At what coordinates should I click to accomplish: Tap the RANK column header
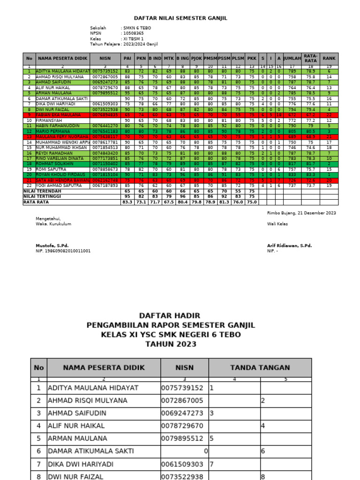click(329, 58)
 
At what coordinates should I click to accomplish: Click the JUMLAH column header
click(292, 58)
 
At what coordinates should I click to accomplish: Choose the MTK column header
click(169, 58)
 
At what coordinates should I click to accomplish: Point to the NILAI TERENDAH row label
click(43, 191)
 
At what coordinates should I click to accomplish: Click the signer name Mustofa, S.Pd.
click(52, 246)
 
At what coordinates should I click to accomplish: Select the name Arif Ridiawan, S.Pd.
click(289, 246)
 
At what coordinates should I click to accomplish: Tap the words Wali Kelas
click(277, 224)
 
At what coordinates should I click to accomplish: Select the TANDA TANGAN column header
click(260, 367)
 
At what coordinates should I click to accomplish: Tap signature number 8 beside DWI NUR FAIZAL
click(263, 476)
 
